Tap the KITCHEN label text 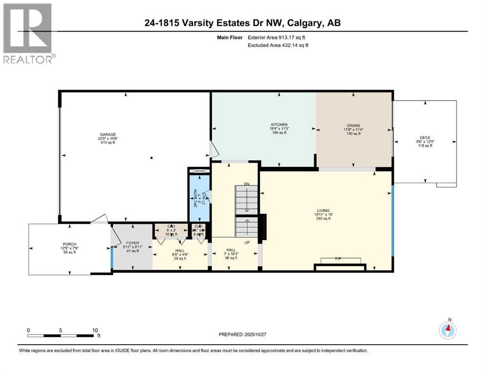click(x=279, y=125)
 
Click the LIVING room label click(x=323, y=210)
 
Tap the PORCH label click(x=69, y=244)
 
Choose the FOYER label click(x=133, y=243)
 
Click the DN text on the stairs click(x=248, y=184)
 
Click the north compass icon click(x=447, y=331)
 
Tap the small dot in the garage click(x=152, y=158)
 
